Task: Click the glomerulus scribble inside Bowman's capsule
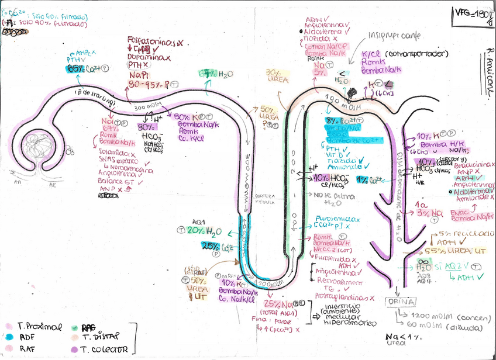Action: pos(38,147)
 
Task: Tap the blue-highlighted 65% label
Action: pos(75,68)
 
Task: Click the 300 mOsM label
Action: pos(147,108)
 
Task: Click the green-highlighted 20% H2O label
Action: pos(198,230)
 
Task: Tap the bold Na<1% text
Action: pos(403,337)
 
